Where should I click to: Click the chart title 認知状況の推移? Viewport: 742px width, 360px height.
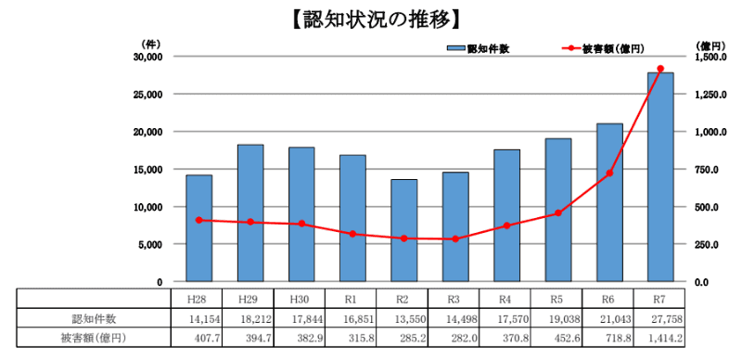[x=371, y=18]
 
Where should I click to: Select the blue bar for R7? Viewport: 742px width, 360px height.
[x=660, y=176]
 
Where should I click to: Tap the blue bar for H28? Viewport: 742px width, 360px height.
[x=198, y=228]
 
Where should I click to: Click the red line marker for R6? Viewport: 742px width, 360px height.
[x=609, y=174]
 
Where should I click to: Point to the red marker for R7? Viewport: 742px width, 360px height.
[x=660, y=69]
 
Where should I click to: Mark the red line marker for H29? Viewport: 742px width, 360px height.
[x=249, y=222]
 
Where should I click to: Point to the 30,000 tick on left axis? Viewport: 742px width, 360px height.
[x=147, y=57]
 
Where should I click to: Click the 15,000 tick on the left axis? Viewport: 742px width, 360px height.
[x=147, y=169]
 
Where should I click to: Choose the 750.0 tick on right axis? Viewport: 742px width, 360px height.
[x=708, y=169]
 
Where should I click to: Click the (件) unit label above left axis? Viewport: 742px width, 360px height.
[x=151, y=44]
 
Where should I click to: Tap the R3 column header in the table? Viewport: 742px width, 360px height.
[x=453, y=299]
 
